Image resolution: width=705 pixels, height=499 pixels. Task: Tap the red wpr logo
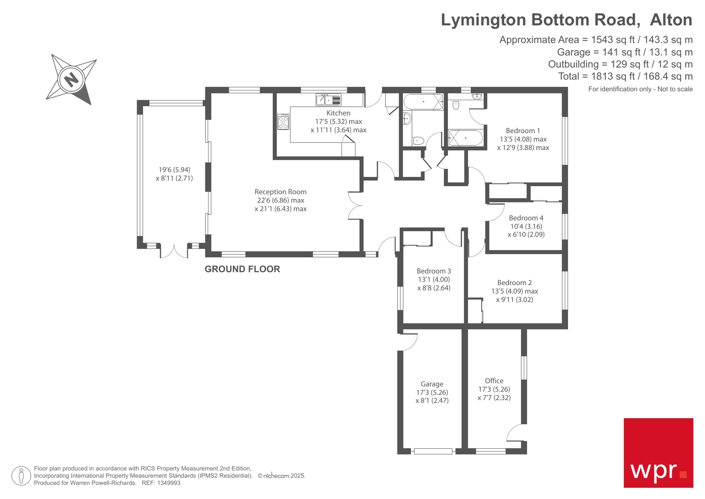(658, 453)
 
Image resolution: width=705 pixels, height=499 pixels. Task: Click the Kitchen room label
(338, 113)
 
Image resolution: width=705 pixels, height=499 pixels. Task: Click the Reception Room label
(280, 192)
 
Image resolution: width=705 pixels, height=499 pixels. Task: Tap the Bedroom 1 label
(522, 131)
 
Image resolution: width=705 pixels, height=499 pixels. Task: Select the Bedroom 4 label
(526, 218)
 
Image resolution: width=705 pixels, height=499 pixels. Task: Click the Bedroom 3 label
(434, 271)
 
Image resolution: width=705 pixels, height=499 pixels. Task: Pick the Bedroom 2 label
(514, 283)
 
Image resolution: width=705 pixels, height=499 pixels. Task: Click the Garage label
(432, 384)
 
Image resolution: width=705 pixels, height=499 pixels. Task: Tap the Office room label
(494, 381)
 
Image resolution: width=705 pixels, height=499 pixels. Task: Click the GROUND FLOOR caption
(242, 269)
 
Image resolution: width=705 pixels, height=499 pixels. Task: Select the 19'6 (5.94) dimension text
(174, 170)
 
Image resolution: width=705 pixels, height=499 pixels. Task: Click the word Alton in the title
(671, 20)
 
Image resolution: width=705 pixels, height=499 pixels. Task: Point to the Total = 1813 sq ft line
(625, 76)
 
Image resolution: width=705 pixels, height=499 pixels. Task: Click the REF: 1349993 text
(161, 483)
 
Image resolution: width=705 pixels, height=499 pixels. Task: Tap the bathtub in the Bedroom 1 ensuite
(465, 138)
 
